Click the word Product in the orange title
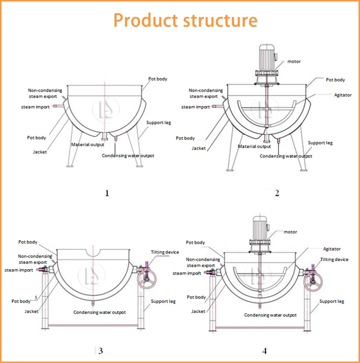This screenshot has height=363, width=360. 145,20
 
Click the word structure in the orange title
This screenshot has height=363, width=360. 220,21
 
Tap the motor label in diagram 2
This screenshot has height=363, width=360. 294,61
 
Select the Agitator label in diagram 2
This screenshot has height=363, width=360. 343,95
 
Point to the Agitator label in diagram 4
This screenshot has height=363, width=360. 332,249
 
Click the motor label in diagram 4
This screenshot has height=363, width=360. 290,232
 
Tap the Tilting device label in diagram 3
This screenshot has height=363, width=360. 165,252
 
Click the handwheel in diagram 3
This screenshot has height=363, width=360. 147,279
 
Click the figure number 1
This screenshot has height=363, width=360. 107,193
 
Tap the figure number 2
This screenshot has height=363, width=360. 277,193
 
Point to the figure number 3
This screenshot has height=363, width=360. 100,351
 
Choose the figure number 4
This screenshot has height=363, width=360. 265,351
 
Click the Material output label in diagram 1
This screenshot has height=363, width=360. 88,145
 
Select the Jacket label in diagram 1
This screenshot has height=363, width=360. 40,152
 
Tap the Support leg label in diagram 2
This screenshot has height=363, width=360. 320,143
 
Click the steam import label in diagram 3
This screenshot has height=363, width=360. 19,270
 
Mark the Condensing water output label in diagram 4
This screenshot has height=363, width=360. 270,315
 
